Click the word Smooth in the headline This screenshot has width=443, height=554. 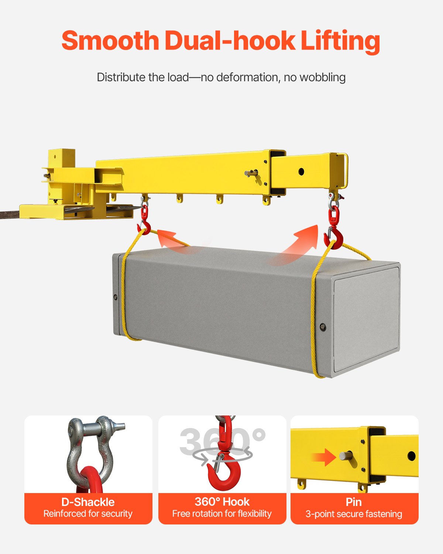[x=110, y=41]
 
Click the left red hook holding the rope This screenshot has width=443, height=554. [x=144, y=226]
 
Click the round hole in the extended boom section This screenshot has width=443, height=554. [x=301, y=172]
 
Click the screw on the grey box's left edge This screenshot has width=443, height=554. [x=116, y=297]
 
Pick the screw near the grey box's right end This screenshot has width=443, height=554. [x=323, y=326]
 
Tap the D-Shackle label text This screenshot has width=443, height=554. [x=88, y=502]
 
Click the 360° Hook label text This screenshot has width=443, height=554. [x=222, y=502]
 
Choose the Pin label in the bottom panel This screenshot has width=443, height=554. [x=354, y=502]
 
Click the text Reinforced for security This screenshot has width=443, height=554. [x=88, y=514]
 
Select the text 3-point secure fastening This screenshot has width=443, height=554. [x=354, y=514]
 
